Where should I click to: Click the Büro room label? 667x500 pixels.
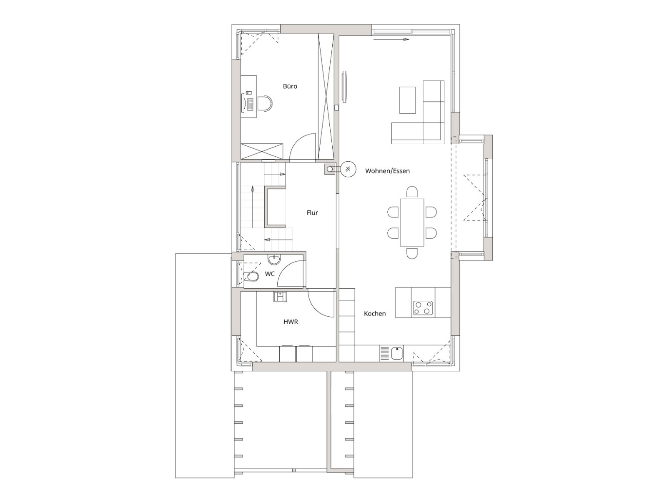pos(290,86)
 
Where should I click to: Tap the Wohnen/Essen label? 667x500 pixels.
pos(387,171)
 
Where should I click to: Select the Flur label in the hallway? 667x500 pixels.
pos(312,213)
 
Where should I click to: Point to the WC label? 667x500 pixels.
pos(270,274)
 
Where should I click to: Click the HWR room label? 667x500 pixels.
pos(291,322)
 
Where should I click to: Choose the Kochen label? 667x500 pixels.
pos(375,314)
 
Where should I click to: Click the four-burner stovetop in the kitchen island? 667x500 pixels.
pos(422,308)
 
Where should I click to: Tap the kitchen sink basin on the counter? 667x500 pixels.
pos(397,353)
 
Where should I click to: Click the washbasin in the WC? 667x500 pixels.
pos(275,260)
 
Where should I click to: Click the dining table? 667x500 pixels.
pos(412,222)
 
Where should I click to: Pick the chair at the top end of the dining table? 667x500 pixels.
pos(412,192)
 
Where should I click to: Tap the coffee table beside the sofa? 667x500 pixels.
pos(407,100)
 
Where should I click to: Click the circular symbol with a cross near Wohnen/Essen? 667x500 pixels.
pos(348,169)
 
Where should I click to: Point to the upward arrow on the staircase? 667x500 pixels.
pos(252,206)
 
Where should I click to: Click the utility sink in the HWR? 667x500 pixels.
pos(280,296)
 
